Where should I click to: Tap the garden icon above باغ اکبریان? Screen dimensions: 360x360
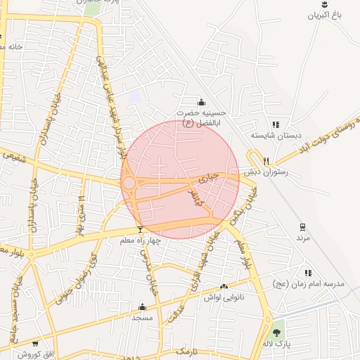324,4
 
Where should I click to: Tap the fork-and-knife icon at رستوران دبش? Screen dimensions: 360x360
266,161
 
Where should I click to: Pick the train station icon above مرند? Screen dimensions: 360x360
303,227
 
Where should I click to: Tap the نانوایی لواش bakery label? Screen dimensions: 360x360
224,297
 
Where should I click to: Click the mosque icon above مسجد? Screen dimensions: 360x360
143,307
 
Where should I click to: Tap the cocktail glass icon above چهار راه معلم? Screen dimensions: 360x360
141,229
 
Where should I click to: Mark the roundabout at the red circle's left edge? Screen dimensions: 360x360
129,183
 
